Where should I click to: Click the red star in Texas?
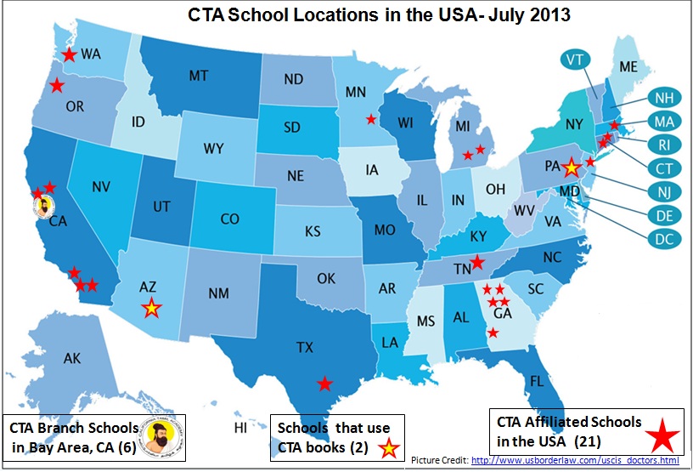point(324,384)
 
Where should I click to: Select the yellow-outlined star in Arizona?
point(151,309)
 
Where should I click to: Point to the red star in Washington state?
point(69,55)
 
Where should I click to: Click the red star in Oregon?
point(56,85)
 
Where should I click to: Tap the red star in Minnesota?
point(369,119)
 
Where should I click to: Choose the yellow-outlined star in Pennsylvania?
point(571,168)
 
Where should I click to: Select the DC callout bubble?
point(662,239)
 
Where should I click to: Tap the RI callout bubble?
point(662,144)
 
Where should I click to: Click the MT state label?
point(198,77)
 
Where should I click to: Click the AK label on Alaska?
point(72,358)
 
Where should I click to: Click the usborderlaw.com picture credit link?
point(575,460)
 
